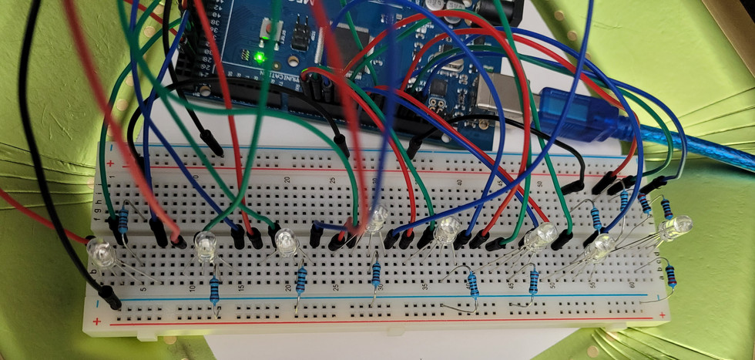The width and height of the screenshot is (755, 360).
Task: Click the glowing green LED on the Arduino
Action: [x=260, y=57]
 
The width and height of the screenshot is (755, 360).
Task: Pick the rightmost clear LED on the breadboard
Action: [x=677, y=227]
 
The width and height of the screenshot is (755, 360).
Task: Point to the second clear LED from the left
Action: [x=205, y=245]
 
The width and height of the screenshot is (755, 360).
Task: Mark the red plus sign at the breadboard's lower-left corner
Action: [x=98, y=321]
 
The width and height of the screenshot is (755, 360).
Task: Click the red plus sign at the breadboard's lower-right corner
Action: [x=661, y=316]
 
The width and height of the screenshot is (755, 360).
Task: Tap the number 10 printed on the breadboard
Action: [x=192, y=288]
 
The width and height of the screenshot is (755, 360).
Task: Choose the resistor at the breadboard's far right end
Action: [x=673, y=273]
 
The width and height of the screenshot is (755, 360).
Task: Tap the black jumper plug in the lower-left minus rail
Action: [x=110, y=297]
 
